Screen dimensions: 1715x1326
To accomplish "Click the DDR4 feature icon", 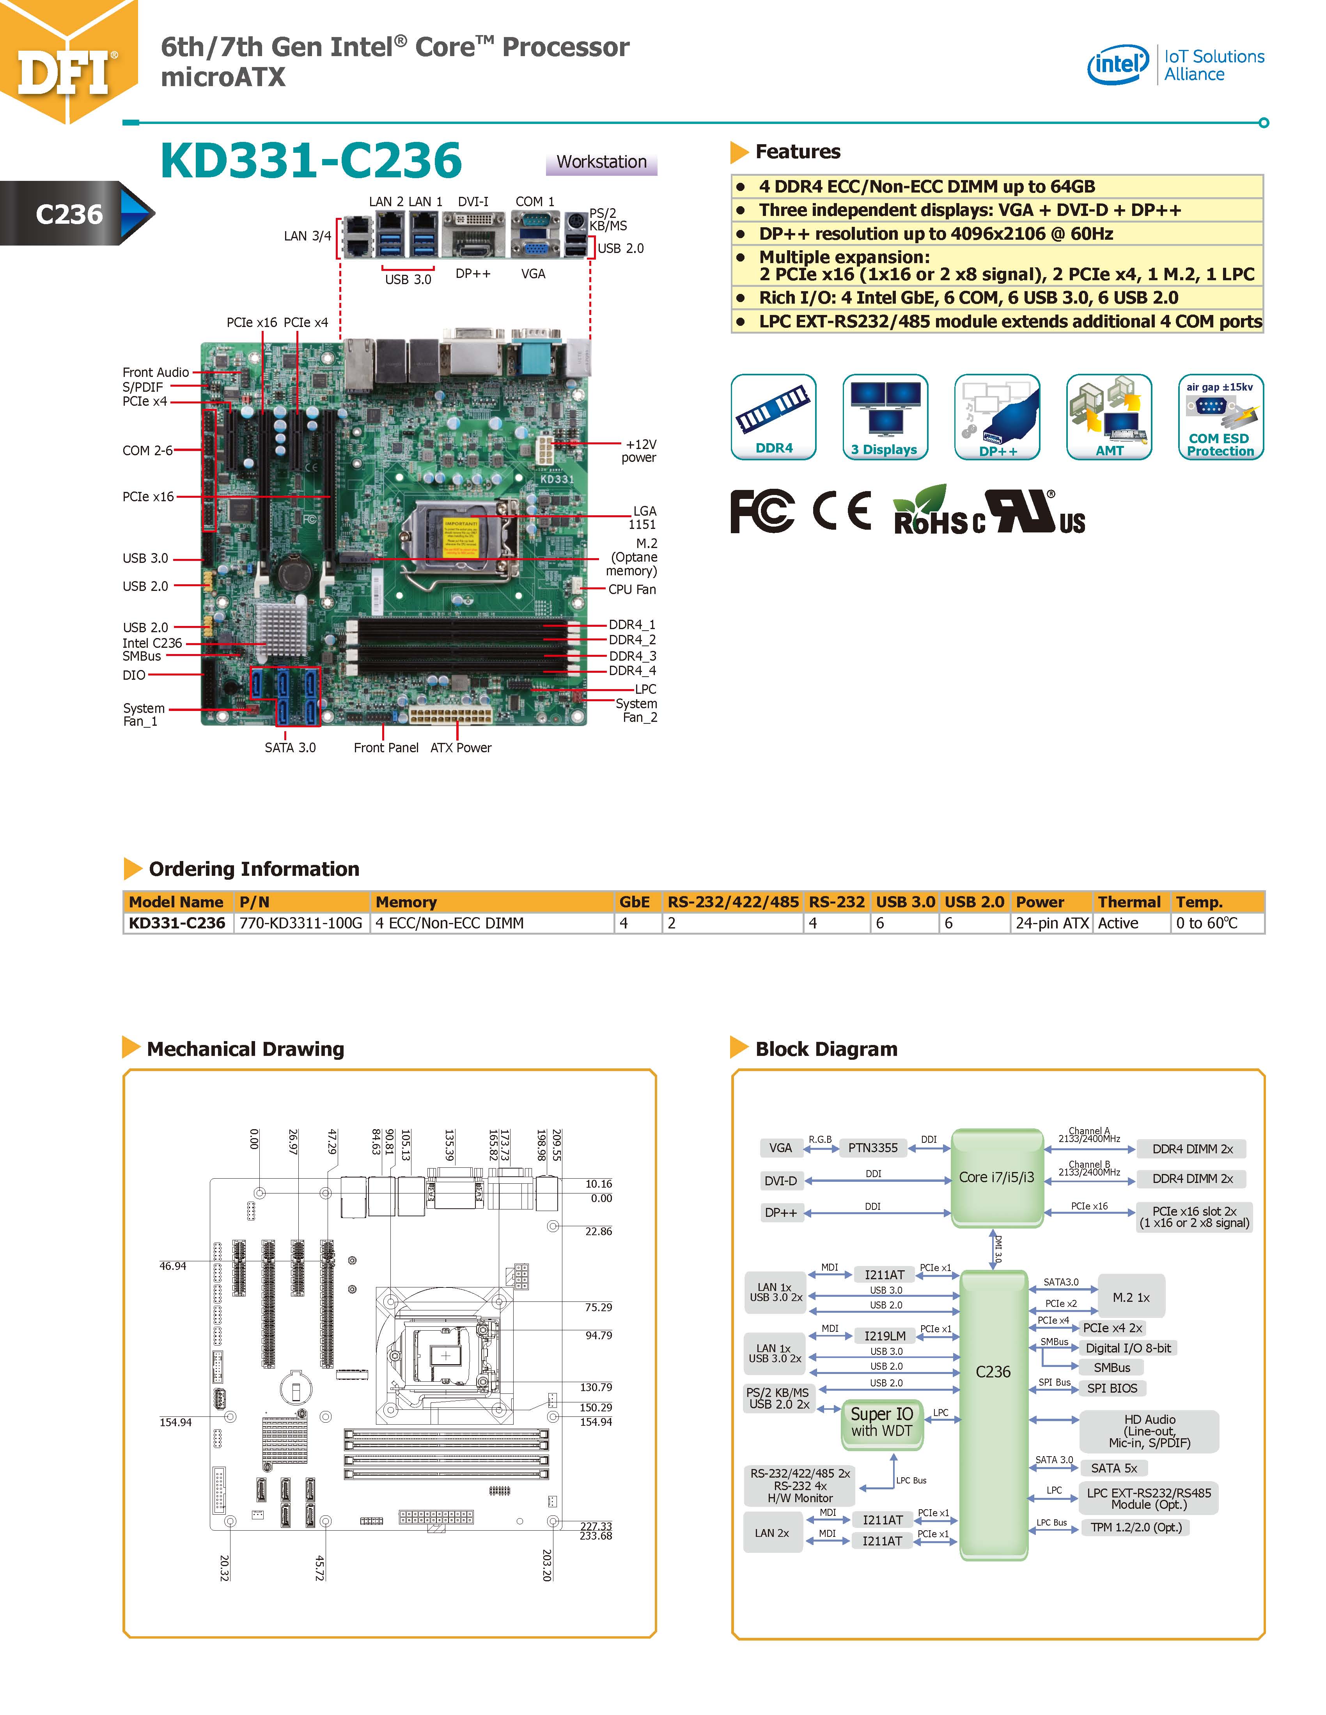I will point(774,416).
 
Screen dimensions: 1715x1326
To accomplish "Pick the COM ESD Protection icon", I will point(1220,416).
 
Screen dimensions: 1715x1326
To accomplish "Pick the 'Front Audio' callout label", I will point(156,372).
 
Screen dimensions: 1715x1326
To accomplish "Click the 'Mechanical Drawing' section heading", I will point(245,1049).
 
